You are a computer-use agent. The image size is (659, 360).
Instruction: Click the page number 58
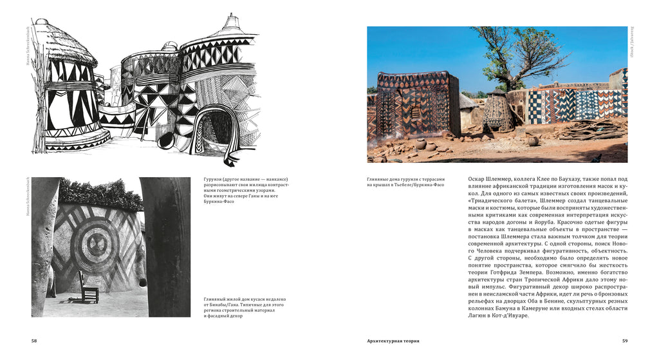tap(34, 340)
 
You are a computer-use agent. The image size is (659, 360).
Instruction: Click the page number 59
tap(624, 340)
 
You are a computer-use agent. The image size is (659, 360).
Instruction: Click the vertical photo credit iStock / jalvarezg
tap(633, 43)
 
